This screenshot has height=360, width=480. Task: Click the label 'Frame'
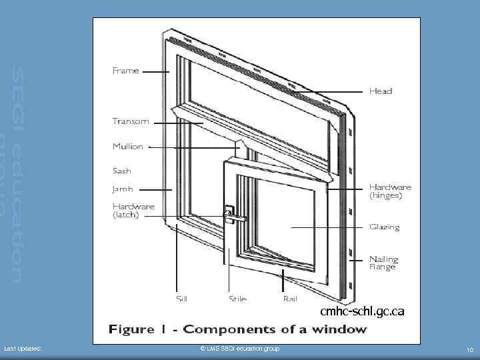pos(125,71)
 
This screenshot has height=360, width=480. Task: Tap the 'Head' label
pos(381,91)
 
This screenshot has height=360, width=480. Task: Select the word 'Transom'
pos(131,121)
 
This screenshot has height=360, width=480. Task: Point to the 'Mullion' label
pos(127,147)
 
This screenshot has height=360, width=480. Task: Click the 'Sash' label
pos(122,171)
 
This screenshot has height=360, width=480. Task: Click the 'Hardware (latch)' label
pos(133,211)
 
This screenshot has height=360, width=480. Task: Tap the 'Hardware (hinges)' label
pos(390,192)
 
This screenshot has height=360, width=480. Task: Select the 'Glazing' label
pos(385,227)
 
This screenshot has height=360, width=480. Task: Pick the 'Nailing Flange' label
pos(384,263)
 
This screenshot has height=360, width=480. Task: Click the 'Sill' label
pos(181,299)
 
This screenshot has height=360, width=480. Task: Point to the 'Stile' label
pos(237,299)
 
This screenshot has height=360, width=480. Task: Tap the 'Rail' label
pos(290,299)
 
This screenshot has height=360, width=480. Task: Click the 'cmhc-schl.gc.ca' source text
pos(362,311)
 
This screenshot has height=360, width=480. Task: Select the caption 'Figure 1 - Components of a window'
pos(237,329)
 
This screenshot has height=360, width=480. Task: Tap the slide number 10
pos(469,349)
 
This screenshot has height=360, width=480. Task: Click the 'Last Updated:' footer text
pos(23,349)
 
